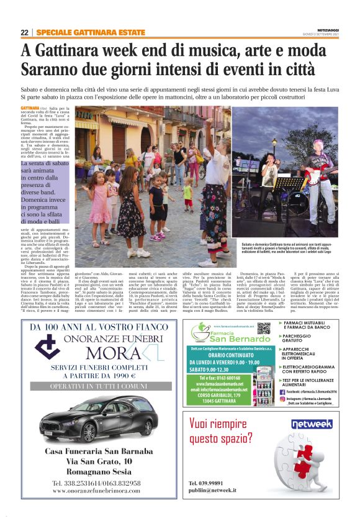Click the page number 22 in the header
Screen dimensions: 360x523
click(x=24, y=32)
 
